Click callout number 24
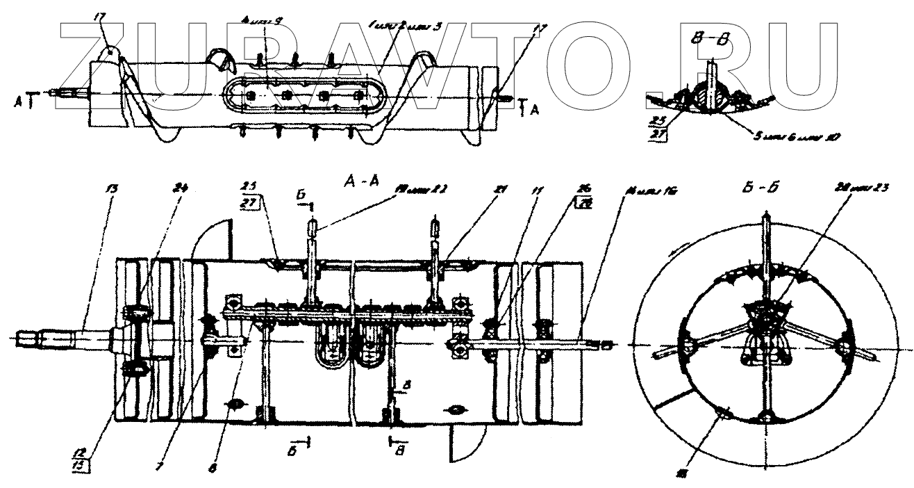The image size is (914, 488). tap(182, 187)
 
